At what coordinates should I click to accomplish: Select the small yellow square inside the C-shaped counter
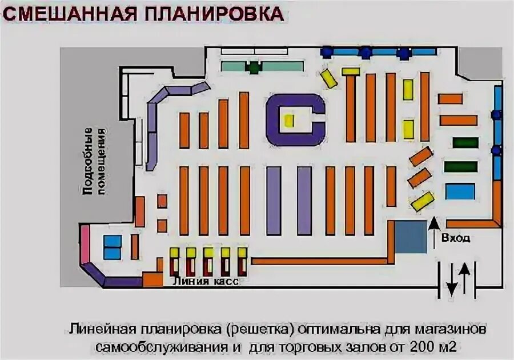pos(289,121)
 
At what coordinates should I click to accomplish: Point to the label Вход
pos(455,238)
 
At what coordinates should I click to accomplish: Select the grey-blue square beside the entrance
pos(411,237)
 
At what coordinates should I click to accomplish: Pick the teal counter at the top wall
pos(261,67)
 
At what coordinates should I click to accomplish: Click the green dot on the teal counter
pos(252,67)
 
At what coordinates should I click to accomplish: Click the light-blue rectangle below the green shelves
pos(460,191)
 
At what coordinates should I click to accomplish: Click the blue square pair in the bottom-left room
pos(112,246)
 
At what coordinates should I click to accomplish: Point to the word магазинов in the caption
pos(451,330)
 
